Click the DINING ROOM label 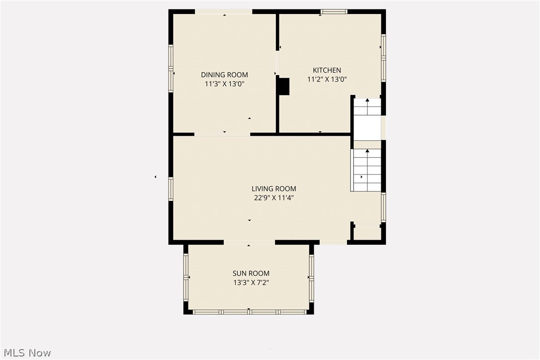[224, 75]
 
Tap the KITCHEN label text [327, 70]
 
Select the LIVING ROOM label [274, 189]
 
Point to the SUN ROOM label [251, 273]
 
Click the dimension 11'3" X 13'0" [224, 84]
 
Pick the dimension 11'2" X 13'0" [327, 79]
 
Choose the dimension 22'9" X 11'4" [274, 198]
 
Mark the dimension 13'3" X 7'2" [251, 282]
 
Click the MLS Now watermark [27, 353]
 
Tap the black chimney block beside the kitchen [284, 87]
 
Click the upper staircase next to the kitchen [367, 106]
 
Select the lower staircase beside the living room [367, 170]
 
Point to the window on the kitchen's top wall [334, 12]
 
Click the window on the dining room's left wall [171, 68]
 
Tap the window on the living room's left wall [171, 188]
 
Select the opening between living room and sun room [249, 242]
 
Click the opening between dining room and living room [222, 134]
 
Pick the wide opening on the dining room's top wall [224, 12]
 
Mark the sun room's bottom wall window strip [249, 312]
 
